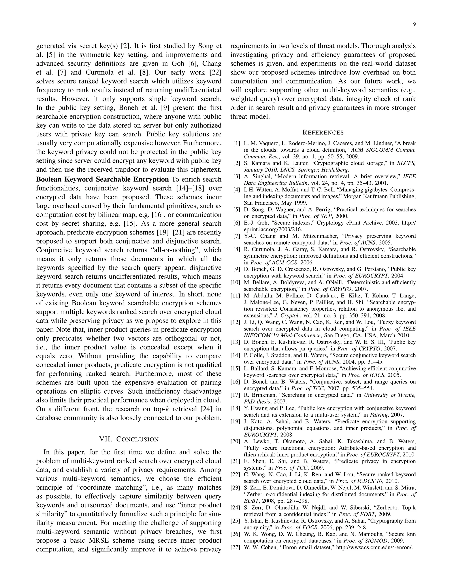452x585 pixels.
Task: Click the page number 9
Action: click(414, 24)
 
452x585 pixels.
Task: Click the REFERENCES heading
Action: click(323, 132)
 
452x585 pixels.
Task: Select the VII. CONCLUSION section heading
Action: click(129, 439)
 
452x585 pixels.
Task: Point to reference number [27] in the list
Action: click(235, 547)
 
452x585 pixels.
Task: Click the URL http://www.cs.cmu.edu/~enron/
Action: click(374, 547)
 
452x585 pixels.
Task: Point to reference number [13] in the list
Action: click(235, 342)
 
